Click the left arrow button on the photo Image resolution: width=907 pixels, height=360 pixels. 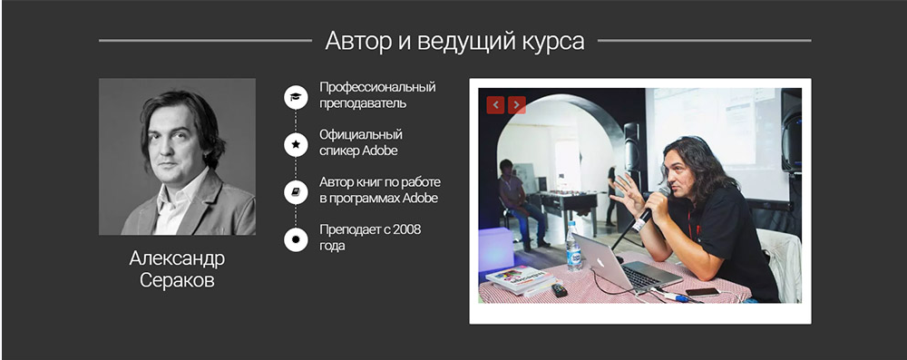coord(495,105)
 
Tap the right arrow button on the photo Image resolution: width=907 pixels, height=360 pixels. coord(517,105)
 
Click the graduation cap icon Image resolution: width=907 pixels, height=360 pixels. coord(296,96)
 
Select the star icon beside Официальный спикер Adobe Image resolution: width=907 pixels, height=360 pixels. coord(296,143)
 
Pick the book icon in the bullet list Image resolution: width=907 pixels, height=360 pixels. coord(296,191)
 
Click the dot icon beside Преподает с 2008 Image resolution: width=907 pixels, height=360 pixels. coord(296,239)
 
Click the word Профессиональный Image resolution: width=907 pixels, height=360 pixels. coord(377,87)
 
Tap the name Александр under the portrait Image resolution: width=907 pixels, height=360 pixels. coord(177,258)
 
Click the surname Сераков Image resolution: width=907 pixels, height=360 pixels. coord(177,280)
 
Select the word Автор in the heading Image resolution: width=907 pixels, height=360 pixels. coord(348,41)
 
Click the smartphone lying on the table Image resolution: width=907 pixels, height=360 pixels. coord(702,292)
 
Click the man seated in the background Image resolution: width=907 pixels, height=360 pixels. coord(512,196)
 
